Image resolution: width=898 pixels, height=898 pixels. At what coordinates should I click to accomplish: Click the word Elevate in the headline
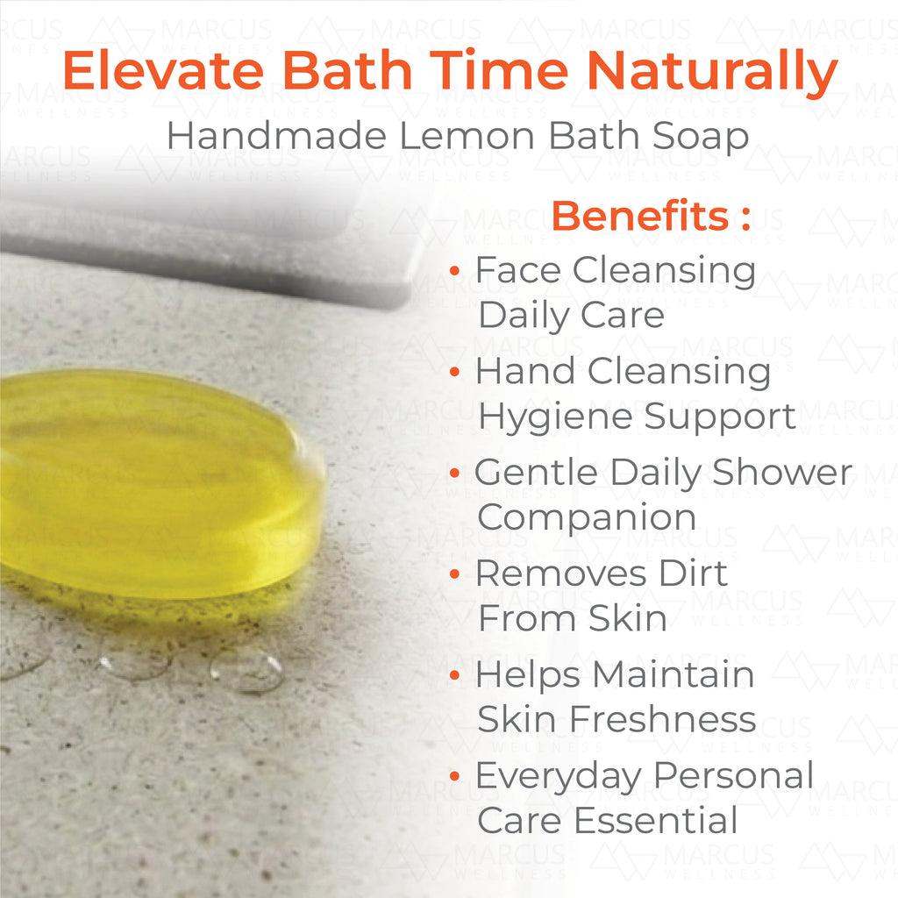163,70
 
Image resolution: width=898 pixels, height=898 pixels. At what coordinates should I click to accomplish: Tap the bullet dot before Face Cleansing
455,270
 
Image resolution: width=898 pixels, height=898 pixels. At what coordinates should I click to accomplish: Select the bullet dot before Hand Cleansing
455,372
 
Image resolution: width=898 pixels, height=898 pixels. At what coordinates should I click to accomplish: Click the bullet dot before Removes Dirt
455,574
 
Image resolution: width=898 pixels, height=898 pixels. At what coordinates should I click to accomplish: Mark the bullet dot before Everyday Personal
455,776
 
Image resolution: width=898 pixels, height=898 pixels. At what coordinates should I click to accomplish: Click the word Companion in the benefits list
587,517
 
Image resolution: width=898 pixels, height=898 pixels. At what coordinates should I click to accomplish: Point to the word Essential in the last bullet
656,820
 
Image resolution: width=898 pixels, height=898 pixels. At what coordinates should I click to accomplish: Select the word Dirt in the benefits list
693,574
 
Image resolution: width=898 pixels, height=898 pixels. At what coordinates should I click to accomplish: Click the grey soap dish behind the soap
206,246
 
